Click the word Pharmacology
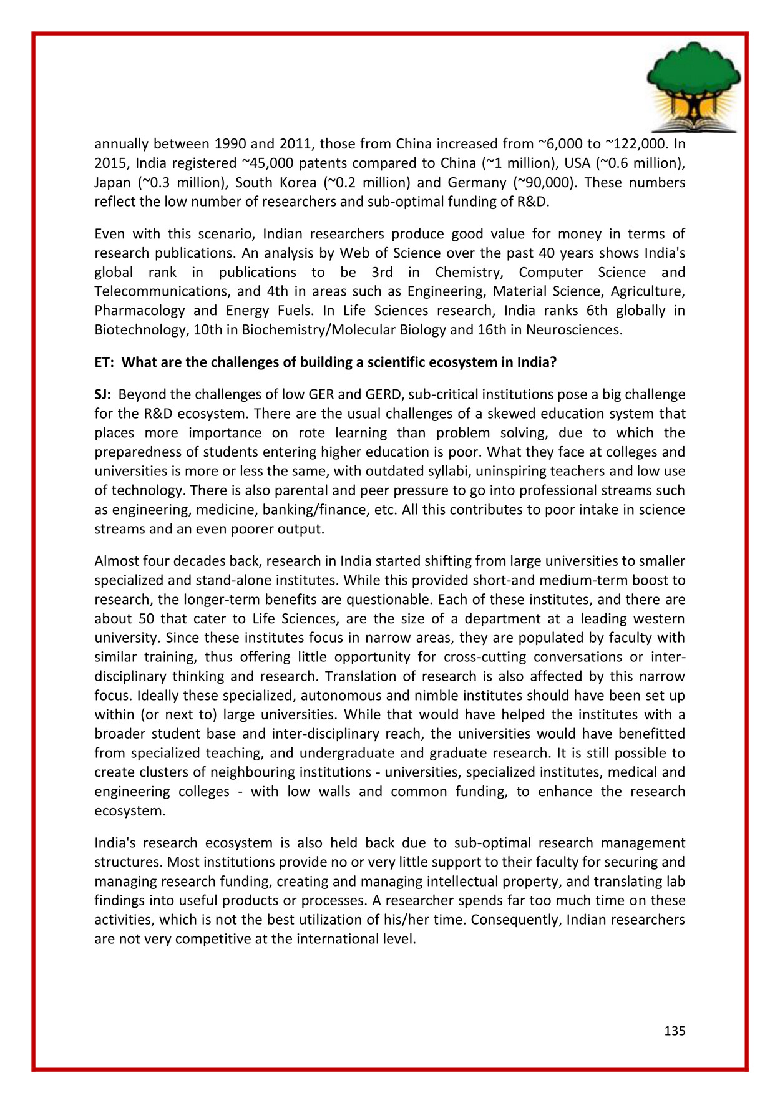pos(140,311)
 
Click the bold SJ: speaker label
pos(103,395)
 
